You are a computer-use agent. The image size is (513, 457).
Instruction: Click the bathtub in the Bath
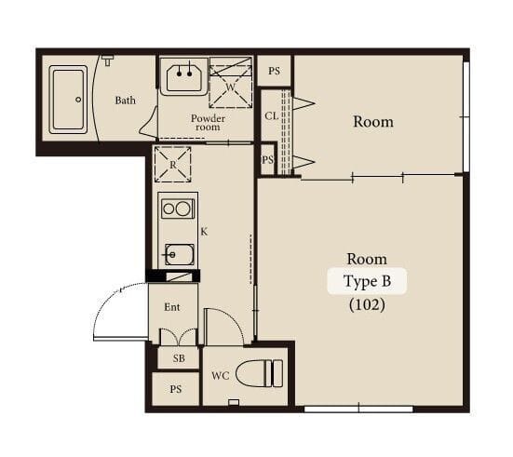pyautogui.click(x=68, y=100)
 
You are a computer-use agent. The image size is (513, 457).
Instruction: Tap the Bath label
pyautogui.click(x=126, y=101)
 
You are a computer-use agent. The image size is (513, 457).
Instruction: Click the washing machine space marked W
pyautogui.click(x=230, y=83)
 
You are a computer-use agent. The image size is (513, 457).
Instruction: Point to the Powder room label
pyautogui.click(x=208, y=122)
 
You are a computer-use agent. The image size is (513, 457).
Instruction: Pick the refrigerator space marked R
pyautogui.click(x=173, y=164)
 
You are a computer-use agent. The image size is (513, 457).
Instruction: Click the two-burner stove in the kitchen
pyautogui.click(x=178, y=208)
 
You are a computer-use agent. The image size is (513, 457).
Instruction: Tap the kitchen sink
pyautogui.click(x=180, y=254)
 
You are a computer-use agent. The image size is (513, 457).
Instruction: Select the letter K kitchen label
pyautogui.click(x=204, y=232)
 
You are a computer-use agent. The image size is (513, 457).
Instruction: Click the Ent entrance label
pyautogui.click(x=172, y=307)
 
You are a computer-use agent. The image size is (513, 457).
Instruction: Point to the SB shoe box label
pyautogui.click(x=179, y=358)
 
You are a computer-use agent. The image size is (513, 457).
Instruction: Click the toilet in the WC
pyautogui.click(x=259, y=373)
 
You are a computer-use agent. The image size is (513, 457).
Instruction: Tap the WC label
pyautogui.click(x=220, y=376)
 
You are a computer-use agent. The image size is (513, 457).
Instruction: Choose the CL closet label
pyautogui.click(x=271, y=115)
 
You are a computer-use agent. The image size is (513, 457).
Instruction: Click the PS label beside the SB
pyautogui.click(x=176, y=389)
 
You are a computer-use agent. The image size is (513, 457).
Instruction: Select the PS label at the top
pyautogui.click(x=274, y=71)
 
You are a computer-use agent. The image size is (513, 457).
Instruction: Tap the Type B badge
pyautogui.click(x=367, y=281)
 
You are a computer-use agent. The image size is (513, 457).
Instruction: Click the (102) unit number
pyautogui.click(x=367, y=305)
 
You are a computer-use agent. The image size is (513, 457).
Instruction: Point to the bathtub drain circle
pyautogui.click(x=78, y=100)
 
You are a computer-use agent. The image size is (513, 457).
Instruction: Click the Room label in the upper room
pyautogui.click(x=373, y=122)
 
